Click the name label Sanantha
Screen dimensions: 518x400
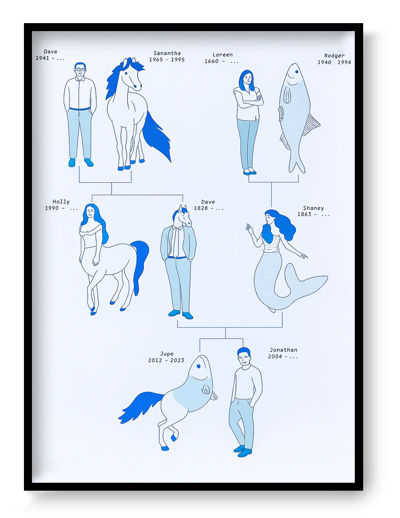(x=167, y=53)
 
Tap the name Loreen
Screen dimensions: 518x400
(x=223, y=55)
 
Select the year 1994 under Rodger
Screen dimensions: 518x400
(x=344, y=62)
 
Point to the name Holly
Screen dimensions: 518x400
(x=61, y=202)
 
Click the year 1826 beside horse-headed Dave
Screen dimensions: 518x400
(x=201, y=208)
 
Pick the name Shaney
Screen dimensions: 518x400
(x=313, y=208)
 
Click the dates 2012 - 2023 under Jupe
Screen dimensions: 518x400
(x=166, y=360)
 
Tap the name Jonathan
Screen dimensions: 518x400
(x=283, y=350)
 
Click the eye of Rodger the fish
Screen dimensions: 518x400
(x=296, y=71)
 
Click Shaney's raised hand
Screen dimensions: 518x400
(x=249, y=228)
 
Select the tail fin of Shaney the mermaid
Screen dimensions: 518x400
(x=308, y=283)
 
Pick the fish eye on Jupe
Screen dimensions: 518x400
(x=198, y=366)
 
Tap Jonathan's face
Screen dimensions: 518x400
(x=244, y=358)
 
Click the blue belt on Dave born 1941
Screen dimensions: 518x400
(x=80, y=109)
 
